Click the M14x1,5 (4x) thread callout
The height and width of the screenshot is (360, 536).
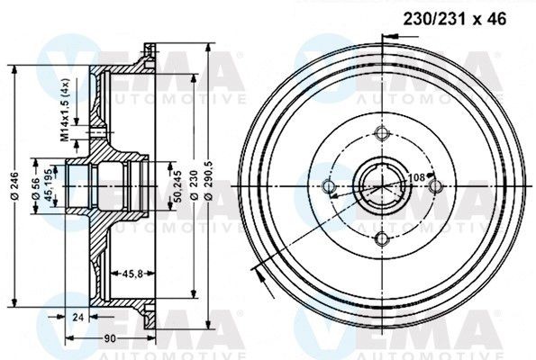point(66,112)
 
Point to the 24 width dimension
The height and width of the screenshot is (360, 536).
point(79,318)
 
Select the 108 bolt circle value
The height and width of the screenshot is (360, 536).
point(418,177)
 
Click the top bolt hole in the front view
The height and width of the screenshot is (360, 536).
point(381,133)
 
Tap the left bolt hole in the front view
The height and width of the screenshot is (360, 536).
point(328,186)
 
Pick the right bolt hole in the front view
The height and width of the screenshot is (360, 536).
point(434,186)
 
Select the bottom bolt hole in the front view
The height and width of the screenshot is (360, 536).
point(381,238)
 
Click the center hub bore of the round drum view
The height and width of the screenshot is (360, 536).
point(381,186)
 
